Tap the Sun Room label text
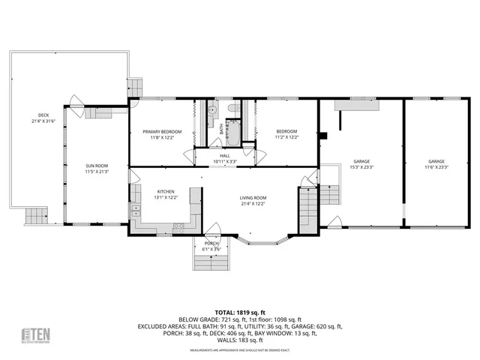(x=96, y=168)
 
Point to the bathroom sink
(x=212, y=110)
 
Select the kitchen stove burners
(x=179, y=226)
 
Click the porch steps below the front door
(x=212, y=262)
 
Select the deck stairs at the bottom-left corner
(x=36, y=217)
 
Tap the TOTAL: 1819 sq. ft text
(x=240, y=312)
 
